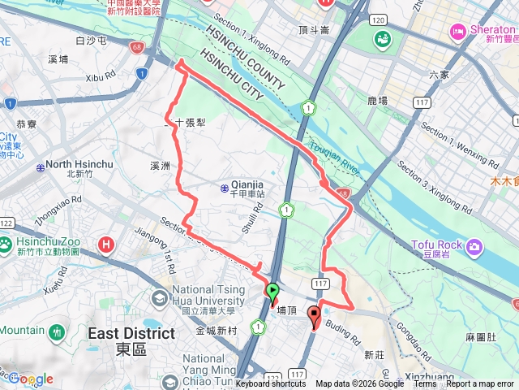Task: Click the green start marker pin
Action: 272,292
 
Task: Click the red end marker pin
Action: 315,318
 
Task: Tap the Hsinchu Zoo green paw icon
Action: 6,243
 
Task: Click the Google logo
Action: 31,379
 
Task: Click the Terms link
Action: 424,384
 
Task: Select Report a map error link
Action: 480,384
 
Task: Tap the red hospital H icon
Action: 105,244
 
